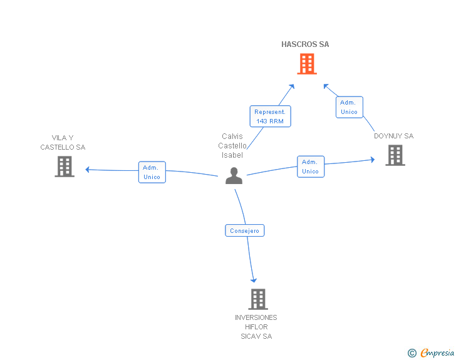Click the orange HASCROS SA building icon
[307, 64]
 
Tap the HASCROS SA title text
[305, 44]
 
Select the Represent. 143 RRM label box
[270, 116]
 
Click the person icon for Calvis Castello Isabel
[234, 175]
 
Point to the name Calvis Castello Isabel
[232, 146]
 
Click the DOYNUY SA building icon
[395, 155]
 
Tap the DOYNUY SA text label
[393, 136]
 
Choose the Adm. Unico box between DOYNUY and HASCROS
[350, 107]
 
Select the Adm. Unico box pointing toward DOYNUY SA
[311, 167]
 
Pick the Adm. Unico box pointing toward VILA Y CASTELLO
[152, 172]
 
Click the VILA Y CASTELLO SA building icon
[65, 167]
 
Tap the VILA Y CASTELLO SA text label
[63, 143]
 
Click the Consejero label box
[244, 230]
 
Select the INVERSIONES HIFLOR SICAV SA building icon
[258, 299]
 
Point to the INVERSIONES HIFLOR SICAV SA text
[256, 327]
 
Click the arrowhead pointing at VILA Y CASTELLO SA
[87, 170]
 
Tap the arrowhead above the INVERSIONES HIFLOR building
[254, 280]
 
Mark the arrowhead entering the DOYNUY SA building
[373, 160]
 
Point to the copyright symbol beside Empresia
[412, 353]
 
